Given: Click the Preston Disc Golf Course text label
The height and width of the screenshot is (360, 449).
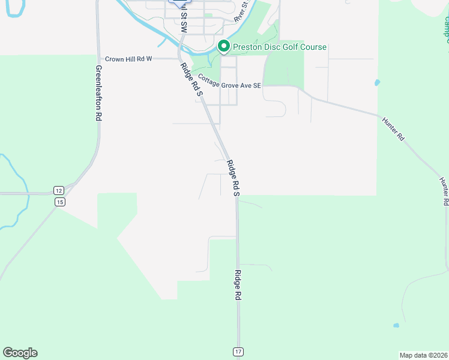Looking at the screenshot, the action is (x=280, y=47).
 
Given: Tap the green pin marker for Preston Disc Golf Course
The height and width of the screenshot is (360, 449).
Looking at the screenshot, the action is (x=223, y=46).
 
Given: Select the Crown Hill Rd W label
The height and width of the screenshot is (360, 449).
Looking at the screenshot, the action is (x=129, y=59).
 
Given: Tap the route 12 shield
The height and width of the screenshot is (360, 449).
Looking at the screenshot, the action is (x=58, y=190).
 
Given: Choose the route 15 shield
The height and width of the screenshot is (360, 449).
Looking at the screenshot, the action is (x=60, y=202).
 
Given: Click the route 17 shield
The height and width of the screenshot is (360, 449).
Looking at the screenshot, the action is (x=238, y=351).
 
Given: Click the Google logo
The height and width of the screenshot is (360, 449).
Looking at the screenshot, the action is (x=20, y=353).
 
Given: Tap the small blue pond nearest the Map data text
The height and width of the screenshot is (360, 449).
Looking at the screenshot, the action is (x=396, y=326).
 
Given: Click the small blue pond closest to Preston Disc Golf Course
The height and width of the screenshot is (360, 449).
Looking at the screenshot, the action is (x=377, y=83).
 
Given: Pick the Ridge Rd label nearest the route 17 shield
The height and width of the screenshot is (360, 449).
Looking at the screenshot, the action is (x=238, y=285).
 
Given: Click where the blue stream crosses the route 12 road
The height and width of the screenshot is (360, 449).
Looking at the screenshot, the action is (x=27, y=194).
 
